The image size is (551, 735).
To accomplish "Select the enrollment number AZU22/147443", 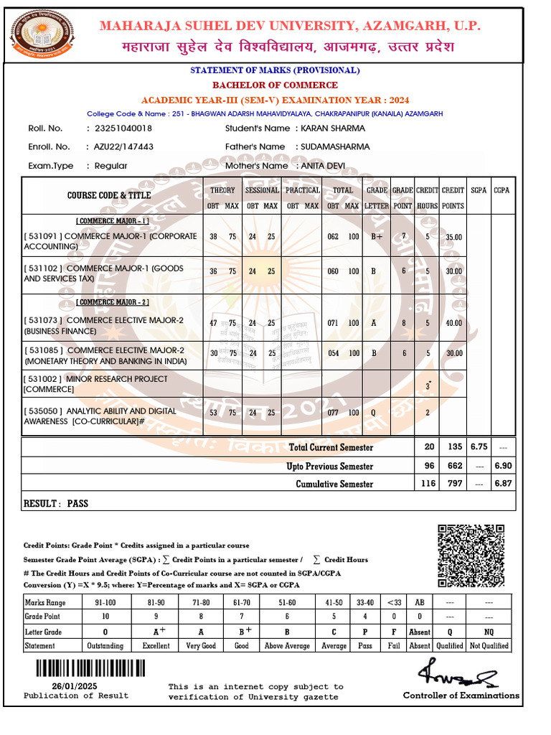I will [x=124, y=146].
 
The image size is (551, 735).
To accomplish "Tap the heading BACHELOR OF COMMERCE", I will [x=275, y=85].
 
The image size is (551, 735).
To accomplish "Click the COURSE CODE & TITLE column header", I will [x=109, y=195].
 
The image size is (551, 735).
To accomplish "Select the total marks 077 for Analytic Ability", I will [x=333, y=413].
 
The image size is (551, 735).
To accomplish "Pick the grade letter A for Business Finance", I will [x=374, y=323].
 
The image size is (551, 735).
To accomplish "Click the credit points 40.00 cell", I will [x=453, y=323].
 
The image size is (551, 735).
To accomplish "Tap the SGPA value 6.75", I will [x=479, y=446].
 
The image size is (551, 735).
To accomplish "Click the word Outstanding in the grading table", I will [x=105, y=646].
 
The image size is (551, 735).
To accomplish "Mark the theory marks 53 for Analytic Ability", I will [x=213, y=413].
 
